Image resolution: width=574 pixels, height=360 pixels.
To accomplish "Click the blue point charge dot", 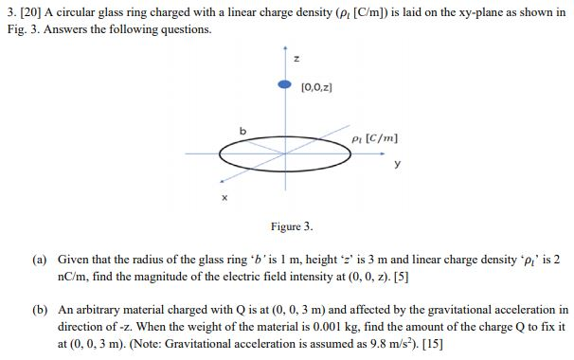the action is pos(283,83).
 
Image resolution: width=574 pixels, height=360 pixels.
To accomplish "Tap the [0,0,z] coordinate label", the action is pos(316,88).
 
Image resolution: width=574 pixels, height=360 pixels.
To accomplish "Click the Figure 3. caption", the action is pos(291,227).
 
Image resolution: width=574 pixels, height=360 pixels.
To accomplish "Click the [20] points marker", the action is pos(25,9).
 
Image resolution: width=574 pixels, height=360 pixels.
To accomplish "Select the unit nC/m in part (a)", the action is pos(74,275).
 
